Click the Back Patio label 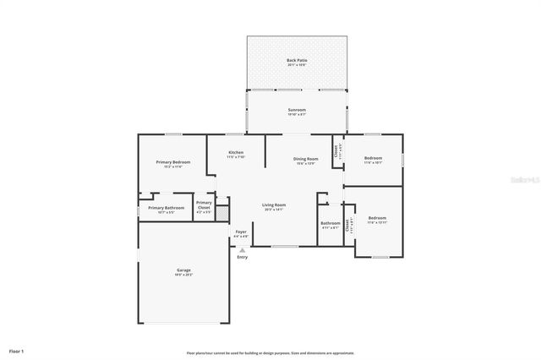click(x=296, y=60)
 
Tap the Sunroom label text click(x=296, y=110)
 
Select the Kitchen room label click(x=236, y=153)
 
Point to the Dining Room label click(x=305, y=159)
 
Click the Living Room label click(x=273, y=205)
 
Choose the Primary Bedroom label click(x=172, y=161)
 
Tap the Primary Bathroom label click(x=166, y=208)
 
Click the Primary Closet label click(x=204, y=205)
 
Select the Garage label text click(x=183, y=270)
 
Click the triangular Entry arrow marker click(x=243, y=249)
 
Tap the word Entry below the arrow click(x=243, y=257)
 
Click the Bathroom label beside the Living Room click(x=331, y=224)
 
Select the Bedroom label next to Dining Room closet click(x=373, y=158)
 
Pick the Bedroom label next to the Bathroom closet click(x=376, y=219)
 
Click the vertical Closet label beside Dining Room click(x=336, y=151)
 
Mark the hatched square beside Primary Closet click(x=221, y=212)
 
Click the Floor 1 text click(x=17, y=350)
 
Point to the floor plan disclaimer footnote click(x=270, y=353)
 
